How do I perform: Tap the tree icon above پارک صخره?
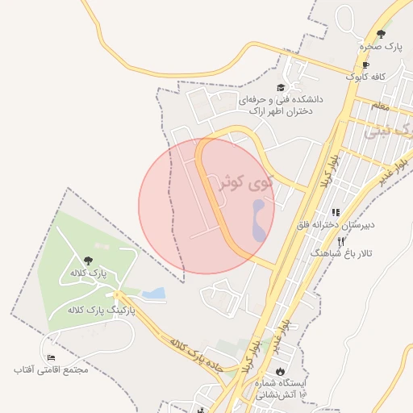pos(381,34)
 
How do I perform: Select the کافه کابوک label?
pos(367,77)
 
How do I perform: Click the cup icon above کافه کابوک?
pos(365,65)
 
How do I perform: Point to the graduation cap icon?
pos(281,88)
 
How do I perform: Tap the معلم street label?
pos(380,106)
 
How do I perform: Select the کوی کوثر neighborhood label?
pos(248,184)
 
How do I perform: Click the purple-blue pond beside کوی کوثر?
pos(258,220)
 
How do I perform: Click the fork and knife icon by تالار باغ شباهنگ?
pos(341,241)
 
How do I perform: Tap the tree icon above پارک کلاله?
pos(88,260)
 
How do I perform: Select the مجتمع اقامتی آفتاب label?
pos(50,369)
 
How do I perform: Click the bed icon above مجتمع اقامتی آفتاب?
pos(52,357)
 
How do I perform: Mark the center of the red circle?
pos(206,206)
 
